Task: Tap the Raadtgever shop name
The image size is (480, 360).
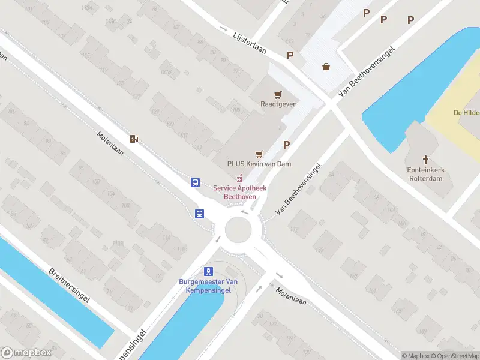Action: [x=278, y=104]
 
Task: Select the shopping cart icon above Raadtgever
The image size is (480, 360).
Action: [x=278, y=94]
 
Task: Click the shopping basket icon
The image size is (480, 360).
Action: [x=326, y=67]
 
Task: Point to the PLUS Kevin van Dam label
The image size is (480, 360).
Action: [x=259, y=164]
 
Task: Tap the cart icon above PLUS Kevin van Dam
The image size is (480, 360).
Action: [x=259, y=154]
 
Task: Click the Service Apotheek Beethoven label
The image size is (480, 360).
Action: [x=239, y=192]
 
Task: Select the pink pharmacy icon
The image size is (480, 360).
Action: [x=240, y=178]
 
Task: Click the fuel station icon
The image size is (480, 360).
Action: [x=134, y=139]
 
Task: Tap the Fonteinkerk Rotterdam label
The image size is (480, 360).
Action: [x=426, y=173]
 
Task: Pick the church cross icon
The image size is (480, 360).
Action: [x=426, y=160]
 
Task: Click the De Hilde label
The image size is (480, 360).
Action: [x=465, y=113]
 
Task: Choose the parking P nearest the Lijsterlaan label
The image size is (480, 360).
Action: [x=290, y=56]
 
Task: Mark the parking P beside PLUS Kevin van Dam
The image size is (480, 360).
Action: [x=287, y=145]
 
